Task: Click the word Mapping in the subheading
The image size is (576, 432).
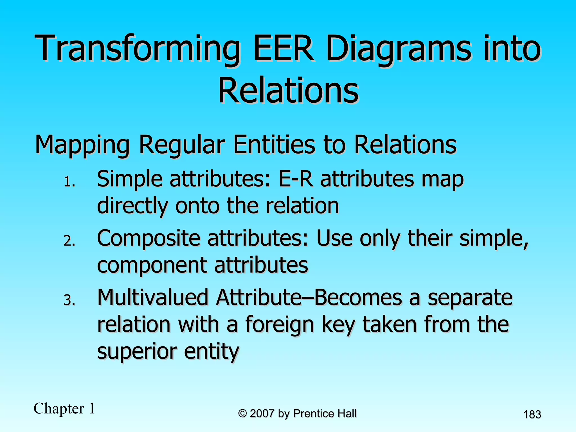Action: point(82,145)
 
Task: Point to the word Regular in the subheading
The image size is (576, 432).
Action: point(182,145)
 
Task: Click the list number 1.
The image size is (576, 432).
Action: point(69,182)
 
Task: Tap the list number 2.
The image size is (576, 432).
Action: point(69,241)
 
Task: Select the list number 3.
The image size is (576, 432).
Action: point(69,300)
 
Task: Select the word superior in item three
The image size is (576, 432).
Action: point(137,352)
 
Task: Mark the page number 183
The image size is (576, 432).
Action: point(532,415)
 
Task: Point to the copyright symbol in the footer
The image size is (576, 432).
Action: point(242,414)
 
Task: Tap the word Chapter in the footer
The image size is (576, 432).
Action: point(59,408)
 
